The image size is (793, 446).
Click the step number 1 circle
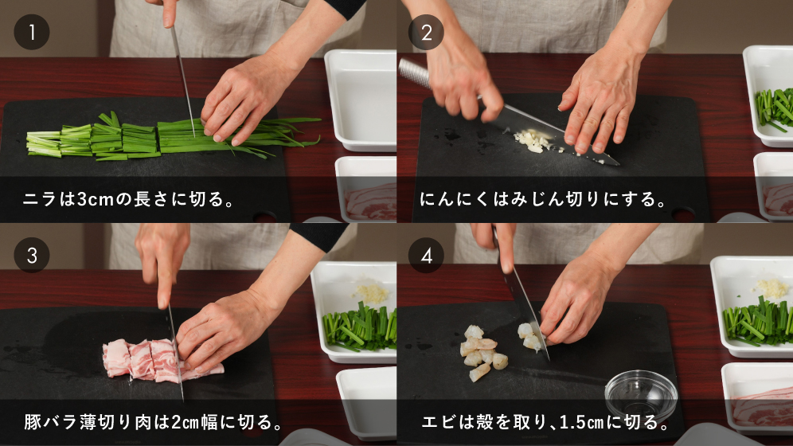point(32,32)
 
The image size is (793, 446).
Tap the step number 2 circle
point(426,33)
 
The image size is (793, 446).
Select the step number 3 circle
point(32,256)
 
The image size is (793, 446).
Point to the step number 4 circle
point(426,256)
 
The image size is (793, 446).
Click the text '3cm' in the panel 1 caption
point(96,200)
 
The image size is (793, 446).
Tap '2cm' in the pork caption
point(185,422)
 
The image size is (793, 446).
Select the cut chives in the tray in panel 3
point(360,327)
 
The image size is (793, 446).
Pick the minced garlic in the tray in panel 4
point(772,288)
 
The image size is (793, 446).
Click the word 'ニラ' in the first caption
point(40,200)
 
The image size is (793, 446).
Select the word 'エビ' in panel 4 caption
point(438,422)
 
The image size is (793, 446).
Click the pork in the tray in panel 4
point(763,405)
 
